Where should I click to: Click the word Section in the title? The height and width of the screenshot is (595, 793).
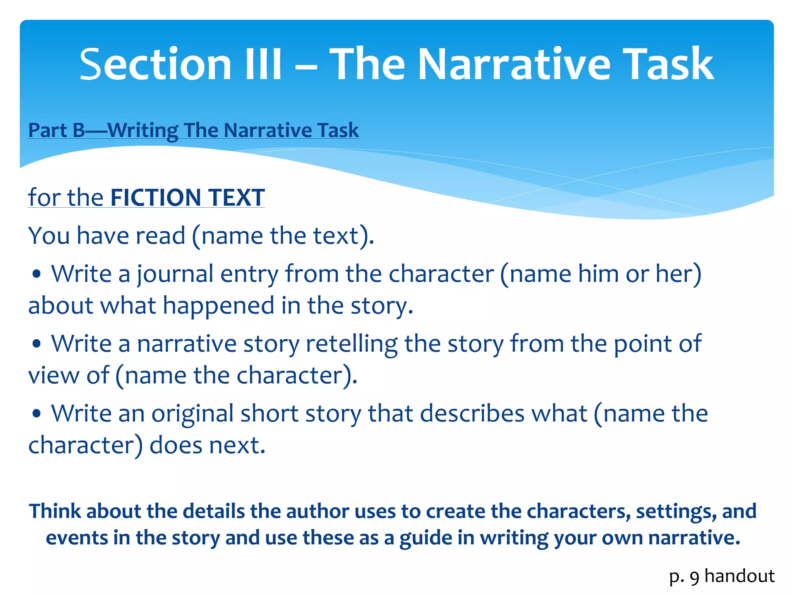pos(155,64)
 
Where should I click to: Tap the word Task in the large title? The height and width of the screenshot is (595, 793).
pos(669,64)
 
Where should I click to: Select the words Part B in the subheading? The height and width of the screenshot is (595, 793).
pos(57,130)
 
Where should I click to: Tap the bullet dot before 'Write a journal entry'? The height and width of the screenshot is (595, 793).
pos(37,275)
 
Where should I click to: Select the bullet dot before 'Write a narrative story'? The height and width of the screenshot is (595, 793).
pos(37,344)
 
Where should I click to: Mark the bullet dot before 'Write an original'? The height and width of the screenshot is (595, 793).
pos(37,414)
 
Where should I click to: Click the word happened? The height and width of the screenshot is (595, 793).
pos(218,306)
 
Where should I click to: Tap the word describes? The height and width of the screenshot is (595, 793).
pos(472,413)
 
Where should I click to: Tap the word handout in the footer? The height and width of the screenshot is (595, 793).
pos(740,576)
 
